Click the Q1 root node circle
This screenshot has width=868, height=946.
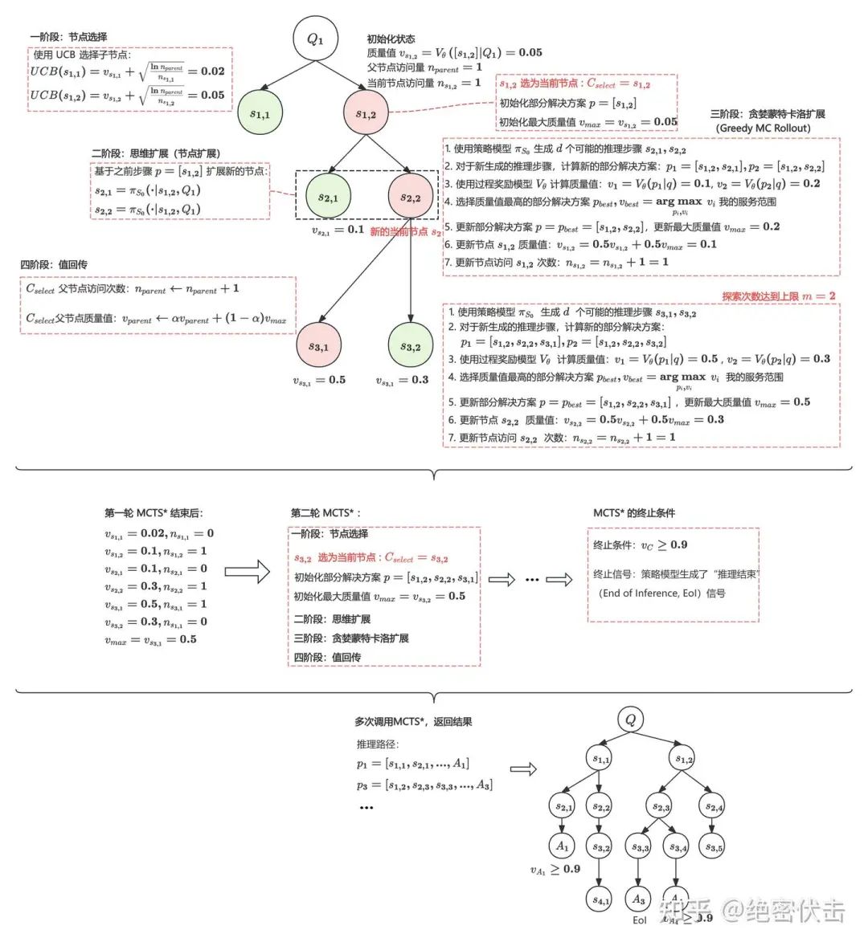pos(315,39)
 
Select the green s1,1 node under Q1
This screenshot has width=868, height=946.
pos(260,114)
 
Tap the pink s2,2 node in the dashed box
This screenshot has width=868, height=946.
pos(411,198)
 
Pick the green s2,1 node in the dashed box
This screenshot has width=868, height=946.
pos(328,198)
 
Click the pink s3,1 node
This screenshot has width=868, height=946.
pos(319,347)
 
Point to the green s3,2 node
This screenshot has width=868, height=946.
pos(411,347)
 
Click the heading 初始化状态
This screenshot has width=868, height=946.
pos(391,39)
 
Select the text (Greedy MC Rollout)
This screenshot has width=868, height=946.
pos(763,128)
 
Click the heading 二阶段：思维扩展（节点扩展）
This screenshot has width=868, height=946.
pos(156,153)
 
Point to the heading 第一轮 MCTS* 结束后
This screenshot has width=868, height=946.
pos(154,513)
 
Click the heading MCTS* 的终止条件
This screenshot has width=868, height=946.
pos(634,513)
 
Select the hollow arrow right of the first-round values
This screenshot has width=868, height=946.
pos(247,572)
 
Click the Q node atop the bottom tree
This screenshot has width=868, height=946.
pos(630,720)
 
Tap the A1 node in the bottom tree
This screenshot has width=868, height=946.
pos(563,846)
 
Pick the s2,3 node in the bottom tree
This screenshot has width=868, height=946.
pos(661,806)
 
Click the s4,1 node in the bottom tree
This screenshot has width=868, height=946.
pos(600,899)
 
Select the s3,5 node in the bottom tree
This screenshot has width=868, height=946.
pos(713,846)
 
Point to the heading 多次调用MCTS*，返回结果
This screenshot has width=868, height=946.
pos(413,722)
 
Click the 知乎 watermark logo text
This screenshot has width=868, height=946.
pos(685,911)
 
